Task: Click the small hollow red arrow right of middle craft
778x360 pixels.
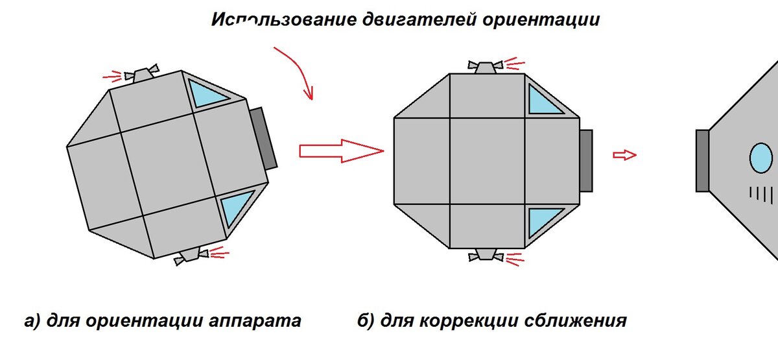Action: click(625, 154)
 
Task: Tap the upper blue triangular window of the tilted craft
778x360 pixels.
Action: click(206, 92)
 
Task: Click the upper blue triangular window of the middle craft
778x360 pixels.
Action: click(543, 100)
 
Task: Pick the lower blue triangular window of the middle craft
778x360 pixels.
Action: click(543, 221)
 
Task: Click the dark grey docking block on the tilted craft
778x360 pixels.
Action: click(263, 138)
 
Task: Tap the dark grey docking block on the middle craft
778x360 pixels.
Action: click(585, 160)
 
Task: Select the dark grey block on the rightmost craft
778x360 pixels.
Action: click(702, 160)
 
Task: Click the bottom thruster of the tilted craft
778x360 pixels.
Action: click(191, 256)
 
